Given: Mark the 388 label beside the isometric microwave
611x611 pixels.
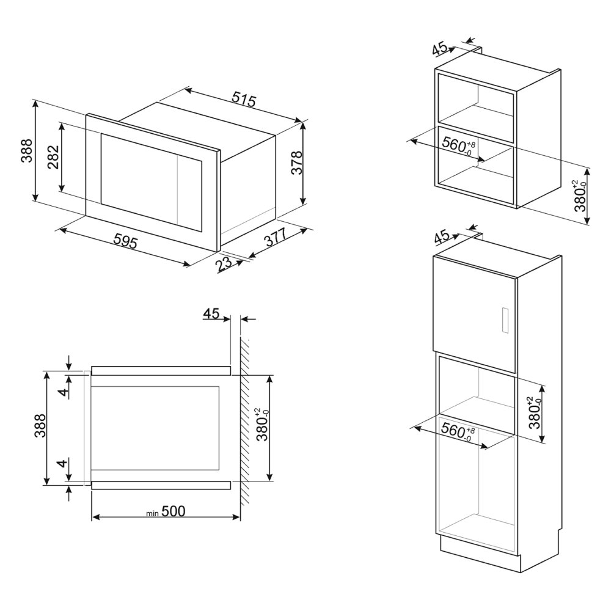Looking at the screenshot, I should point(27,151).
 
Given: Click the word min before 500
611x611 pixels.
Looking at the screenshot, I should point(153,514).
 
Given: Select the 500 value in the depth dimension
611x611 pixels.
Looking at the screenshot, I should point(174,511).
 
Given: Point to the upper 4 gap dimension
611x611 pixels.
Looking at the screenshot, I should point(62,390).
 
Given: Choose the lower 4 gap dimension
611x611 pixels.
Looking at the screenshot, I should point(62,464).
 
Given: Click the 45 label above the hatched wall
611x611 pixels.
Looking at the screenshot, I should point(211,314).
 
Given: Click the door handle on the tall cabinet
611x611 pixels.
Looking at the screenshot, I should point(504,320).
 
